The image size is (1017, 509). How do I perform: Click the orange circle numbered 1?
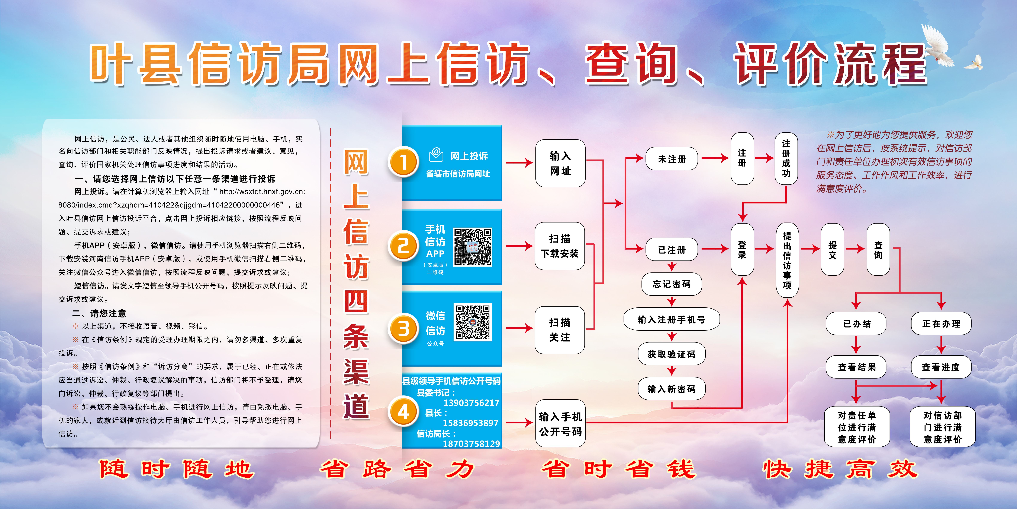tap(403, 162)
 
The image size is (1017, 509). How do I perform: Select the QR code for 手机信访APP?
tap(473, 247)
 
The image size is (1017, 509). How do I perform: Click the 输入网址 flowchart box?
tap(560, 163)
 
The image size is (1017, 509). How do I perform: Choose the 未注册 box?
tap(672, 159)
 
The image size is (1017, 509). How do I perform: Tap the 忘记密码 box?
tap(672, 284)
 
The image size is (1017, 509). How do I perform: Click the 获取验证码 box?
tap(672, 354)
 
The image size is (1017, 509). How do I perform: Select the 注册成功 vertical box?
tap(786, 158)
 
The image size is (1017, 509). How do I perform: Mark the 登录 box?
tap(742, 249)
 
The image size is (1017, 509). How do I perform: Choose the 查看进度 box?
tap(941, 367)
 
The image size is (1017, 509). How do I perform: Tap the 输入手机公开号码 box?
tap(560, 424)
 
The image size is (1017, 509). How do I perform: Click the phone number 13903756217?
tap(471, 403)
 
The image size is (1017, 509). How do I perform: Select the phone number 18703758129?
tap(471, 444)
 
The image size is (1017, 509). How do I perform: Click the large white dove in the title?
tap(938, 47)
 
